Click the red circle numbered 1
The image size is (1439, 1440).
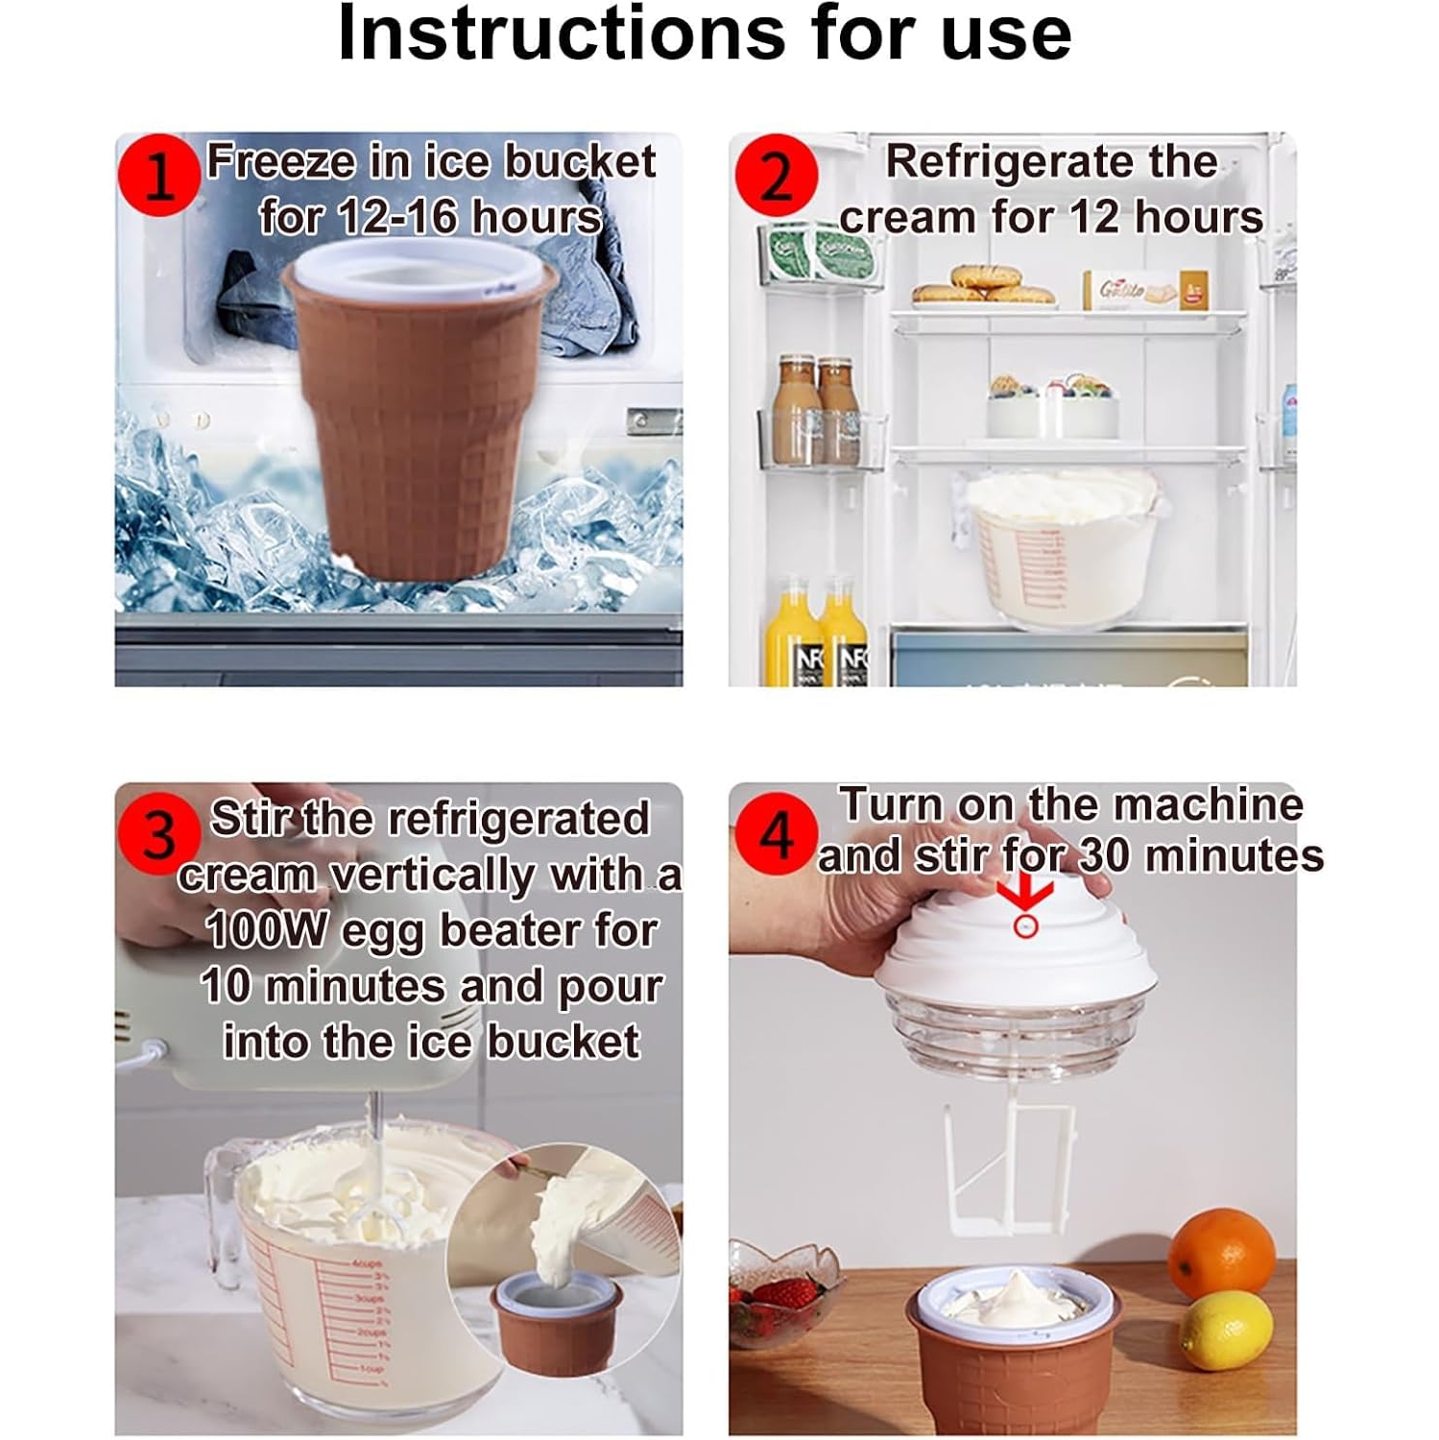point(158,176)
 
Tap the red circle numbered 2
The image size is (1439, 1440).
point(776,176)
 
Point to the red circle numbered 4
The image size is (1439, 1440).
point(776,834)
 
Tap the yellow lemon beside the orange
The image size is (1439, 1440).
point(1226,1330)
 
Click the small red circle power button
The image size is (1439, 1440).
point(1025,926)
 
